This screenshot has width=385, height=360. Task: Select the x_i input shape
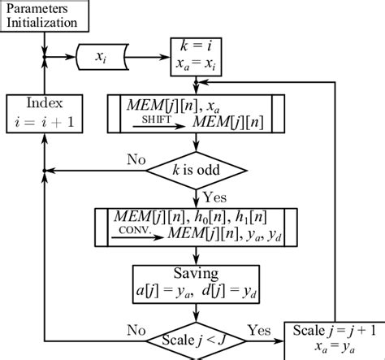point(99,58)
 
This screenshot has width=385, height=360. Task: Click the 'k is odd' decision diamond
point(195,170)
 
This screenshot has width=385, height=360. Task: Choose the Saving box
point(194,278)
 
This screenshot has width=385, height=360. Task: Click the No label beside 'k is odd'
point(136,160)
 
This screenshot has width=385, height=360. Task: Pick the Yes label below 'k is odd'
point(214,195)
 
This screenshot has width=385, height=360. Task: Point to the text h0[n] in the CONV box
point(213,215)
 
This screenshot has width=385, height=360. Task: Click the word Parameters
point(38,9)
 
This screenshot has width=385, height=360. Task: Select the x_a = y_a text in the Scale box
point(334,349)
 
